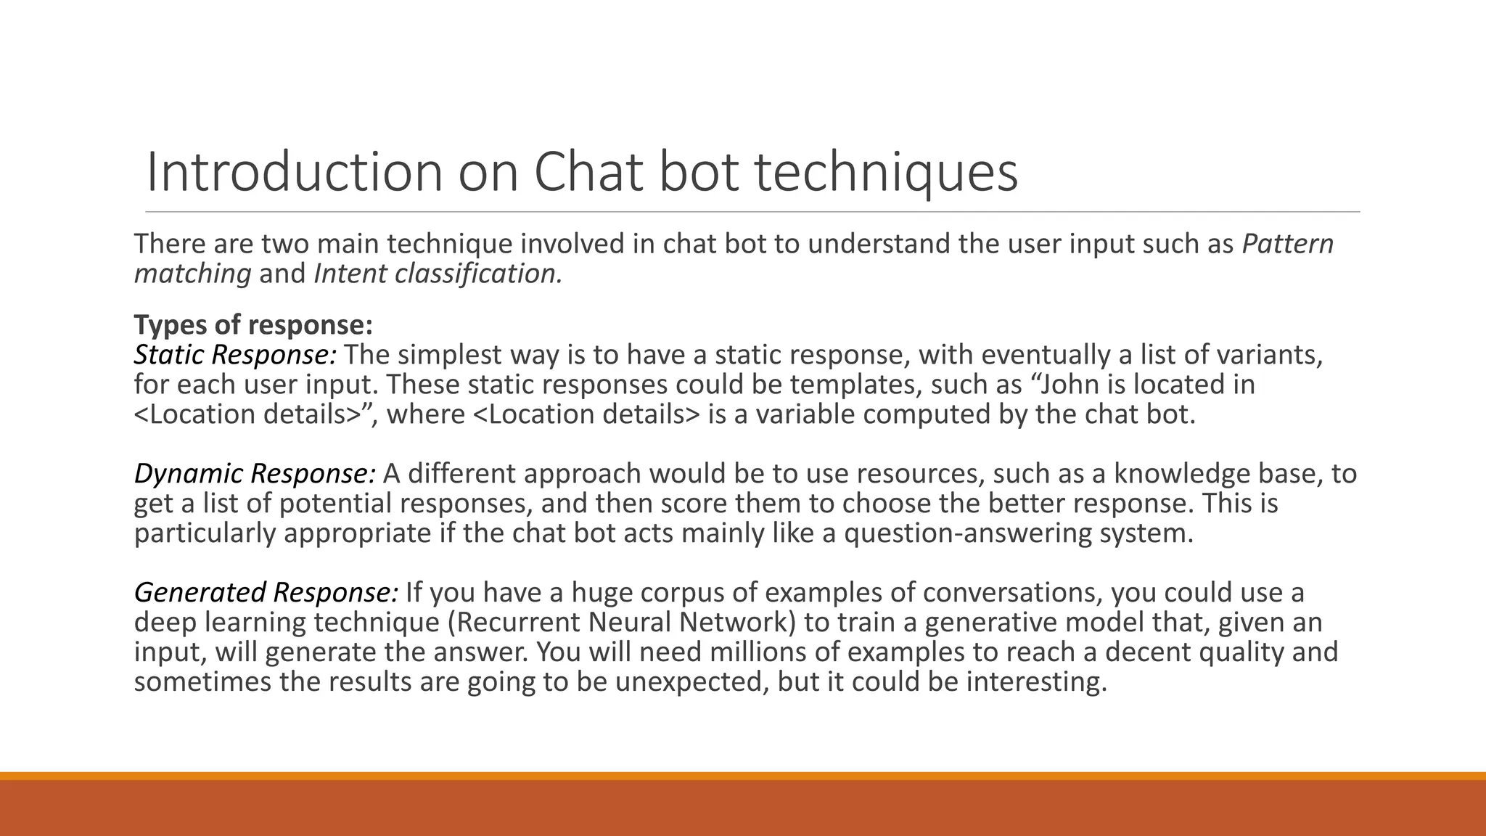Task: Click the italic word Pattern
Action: click(x=1287, y=244)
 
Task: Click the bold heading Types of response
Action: click(x=253, y=324)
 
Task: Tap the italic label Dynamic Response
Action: click(x=255, y=474)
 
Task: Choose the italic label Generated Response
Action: click(x=266, y=593)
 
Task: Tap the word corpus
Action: click(x=681, y=593)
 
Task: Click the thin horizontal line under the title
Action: click(x=752, y=212)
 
